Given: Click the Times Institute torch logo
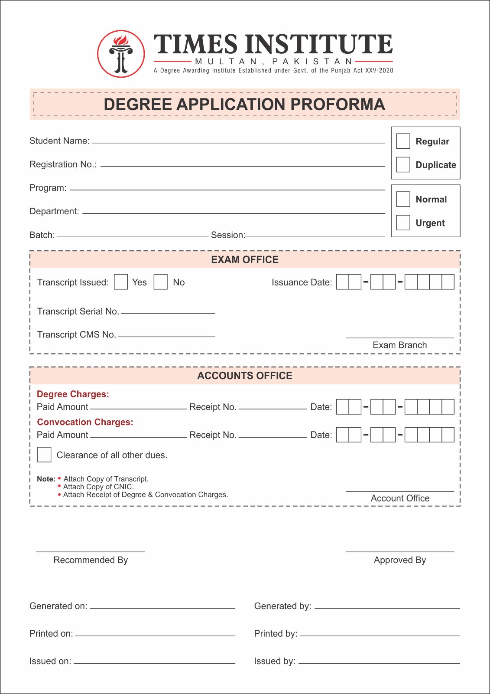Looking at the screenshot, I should [121, 54].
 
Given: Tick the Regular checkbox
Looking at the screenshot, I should [403, 141].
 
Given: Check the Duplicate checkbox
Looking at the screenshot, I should [403, 165].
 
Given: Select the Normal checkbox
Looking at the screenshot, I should [403, 199].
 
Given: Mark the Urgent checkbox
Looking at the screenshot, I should [403, 223].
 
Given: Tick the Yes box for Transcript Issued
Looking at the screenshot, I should [121, 282].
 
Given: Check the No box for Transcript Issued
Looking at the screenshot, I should [161, 282].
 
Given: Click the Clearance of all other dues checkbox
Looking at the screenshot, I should [44, 455].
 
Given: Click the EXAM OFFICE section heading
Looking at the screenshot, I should [245, 260].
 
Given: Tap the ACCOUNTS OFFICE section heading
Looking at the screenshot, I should [245, 376].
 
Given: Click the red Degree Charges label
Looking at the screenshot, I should [73, 394].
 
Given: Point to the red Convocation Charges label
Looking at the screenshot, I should [85, 422].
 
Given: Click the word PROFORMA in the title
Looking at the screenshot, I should [337, 105].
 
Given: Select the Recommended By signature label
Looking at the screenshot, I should [91, 560].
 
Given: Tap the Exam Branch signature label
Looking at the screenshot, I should [400, 345].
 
